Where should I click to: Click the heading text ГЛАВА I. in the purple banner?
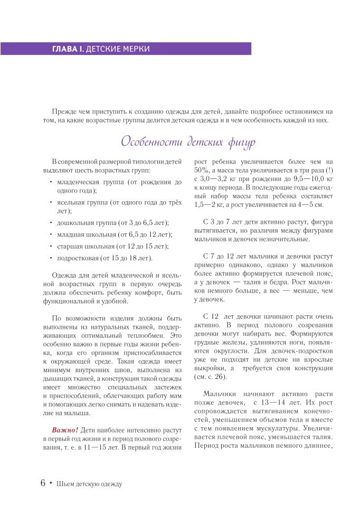[x=67, y=49]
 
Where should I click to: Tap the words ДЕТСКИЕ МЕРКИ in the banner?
[x=118, y=49]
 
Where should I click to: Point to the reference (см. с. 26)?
[x=212, y=376]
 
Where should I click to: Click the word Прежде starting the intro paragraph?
[x=63, y=111]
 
